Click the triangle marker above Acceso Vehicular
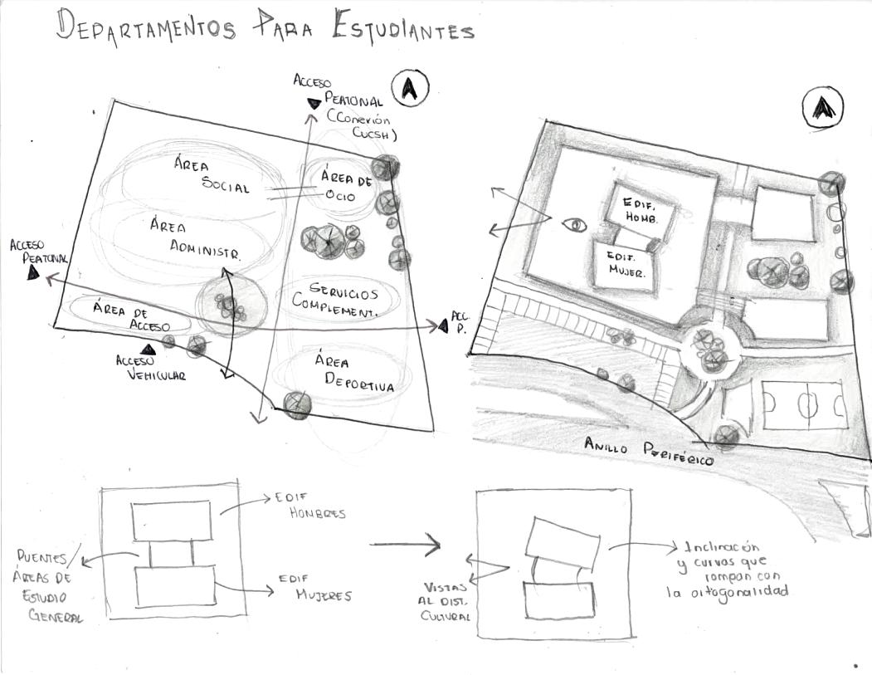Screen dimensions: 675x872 [149, 350]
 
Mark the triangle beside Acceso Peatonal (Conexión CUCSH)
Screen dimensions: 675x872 [314, 103]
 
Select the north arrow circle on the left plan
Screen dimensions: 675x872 [411, 88]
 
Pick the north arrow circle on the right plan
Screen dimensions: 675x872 [822, 108]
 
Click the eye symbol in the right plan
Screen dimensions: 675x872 [573, 224]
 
